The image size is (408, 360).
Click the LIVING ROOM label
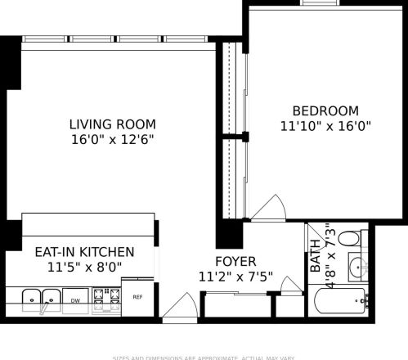[x=112, y=124]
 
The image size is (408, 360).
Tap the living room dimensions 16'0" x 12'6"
[x=112, y=140]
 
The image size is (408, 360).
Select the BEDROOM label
[x=326, y=111]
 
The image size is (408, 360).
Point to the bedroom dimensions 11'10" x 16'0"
[x=326, y=127]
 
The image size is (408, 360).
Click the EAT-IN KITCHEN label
[x=84, y=252]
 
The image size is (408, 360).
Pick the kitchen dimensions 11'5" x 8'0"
[x=84, y=267]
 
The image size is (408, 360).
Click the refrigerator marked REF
[x=137, y=297]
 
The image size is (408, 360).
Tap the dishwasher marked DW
[x=75, y=300]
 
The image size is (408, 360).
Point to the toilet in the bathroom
[x=350, y=240]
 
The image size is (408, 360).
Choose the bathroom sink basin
[x=357, y=267]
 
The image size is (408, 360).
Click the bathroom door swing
[x=291, y=284]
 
